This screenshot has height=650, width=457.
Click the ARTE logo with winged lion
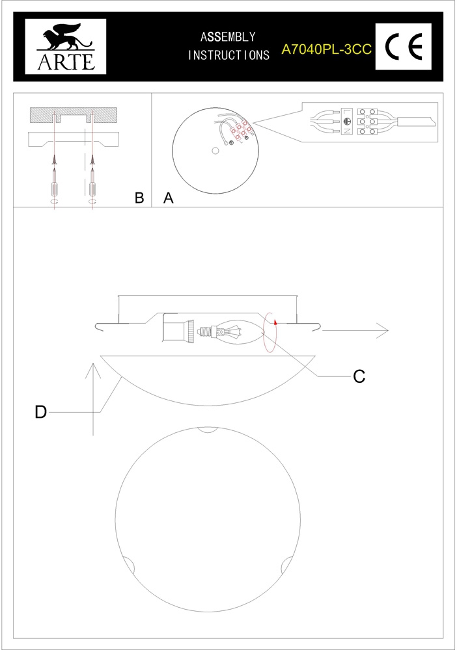pos(66,46)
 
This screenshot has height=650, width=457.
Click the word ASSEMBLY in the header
pos(228,37)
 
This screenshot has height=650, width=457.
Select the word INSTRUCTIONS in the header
pos(228,55)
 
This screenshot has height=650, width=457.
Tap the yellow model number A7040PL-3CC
pos(326,49)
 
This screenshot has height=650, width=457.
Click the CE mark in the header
pos(404,46)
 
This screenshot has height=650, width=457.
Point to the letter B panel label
pos(139,198)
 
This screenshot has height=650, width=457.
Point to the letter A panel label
pos(168,198)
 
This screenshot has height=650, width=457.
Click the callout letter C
pos(359,376)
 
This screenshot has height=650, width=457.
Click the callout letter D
pos(40,412)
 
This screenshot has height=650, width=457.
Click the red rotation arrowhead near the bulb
pos(275,320)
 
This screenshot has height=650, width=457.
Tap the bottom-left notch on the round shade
pos(129,565)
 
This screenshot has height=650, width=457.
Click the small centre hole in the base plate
pos(215,151)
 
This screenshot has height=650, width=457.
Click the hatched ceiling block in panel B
pos(74,115)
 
